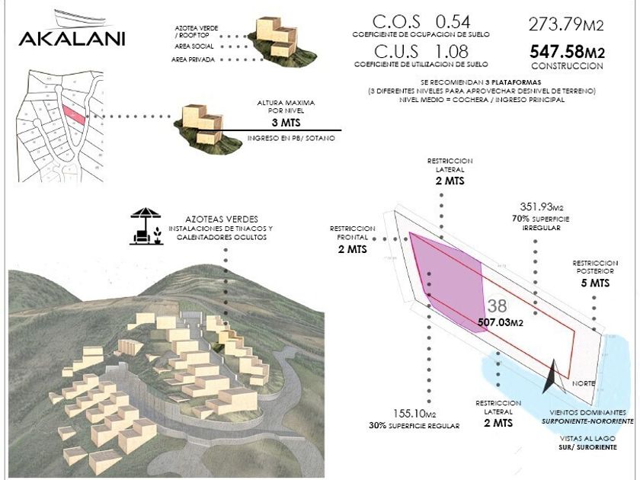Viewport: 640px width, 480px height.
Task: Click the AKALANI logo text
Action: pyautogui.click(x=72, y=38)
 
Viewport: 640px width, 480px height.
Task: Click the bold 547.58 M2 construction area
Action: pyautogui.click(x=567, y=53)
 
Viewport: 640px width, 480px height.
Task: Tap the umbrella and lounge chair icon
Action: pyautogui.click(x=145, y=226)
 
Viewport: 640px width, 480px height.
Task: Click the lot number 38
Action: pyautogui.click(x=497, y=306)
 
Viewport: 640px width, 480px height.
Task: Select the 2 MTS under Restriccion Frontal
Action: pyautogui.click(x=353, y=249)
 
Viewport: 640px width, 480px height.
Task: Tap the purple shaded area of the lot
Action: pyautogui.click(x=450, y=274)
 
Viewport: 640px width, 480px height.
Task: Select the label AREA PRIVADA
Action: pyautogui.click(x=193, y=59)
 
